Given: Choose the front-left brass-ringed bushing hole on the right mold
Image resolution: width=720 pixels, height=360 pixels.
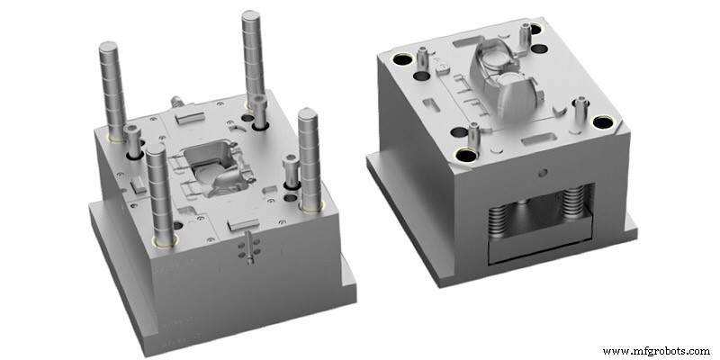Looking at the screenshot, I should (x=466, y=155).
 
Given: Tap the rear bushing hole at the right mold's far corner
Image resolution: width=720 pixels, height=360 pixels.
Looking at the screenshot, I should (x=537, y=28).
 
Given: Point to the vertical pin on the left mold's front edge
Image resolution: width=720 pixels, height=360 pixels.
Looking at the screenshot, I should (x=247, y=248).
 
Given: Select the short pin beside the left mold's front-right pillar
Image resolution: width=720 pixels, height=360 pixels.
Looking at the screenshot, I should (x=290, y=172).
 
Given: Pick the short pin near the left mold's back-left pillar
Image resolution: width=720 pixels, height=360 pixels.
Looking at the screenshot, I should (x=133, y=140).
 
